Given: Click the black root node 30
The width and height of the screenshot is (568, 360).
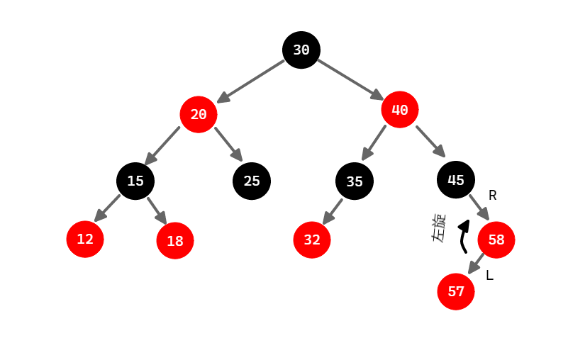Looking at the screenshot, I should click(x=301, y=50).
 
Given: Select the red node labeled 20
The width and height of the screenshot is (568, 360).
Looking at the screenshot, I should click(x=199, y=114).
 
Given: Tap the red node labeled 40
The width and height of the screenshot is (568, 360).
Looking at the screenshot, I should click(x=400, y=110).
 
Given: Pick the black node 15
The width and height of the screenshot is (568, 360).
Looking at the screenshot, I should click(x=135, y=181).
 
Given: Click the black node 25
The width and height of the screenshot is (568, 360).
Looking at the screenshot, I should click(x=252, y=181).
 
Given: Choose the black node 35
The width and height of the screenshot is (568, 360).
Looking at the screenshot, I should click(x=355, y=181).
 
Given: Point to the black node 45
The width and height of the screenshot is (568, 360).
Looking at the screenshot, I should click(x=456, y=180).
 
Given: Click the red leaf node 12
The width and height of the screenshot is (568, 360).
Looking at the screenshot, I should click(x=85, y=239).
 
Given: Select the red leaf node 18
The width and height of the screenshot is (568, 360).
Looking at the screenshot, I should click(x=175, y=241).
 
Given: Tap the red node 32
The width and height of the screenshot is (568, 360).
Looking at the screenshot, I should click(x=312, y=240).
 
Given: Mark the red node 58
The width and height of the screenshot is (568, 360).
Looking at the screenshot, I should click(x=496, y=240).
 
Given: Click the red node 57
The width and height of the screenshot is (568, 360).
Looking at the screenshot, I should click(x=456, y=291).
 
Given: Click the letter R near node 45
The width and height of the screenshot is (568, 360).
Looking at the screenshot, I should click(x=493, y=196).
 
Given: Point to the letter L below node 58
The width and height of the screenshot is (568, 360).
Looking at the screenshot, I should click(x=489, y=276).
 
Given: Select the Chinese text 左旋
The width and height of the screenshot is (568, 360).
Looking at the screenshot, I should click(x=440, y=228).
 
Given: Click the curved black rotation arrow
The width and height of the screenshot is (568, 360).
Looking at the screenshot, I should click(x=464, y=236).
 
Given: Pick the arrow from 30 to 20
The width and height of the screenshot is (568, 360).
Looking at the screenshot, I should click(x=252, y=81).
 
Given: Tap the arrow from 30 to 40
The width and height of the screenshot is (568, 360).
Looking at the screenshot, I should click(x=350, y=79).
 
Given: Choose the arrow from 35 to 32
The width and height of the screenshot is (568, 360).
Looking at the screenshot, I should click(x=333, y=211).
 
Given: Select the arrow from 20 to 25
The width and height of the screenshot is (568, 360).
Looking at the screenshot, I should click(x=228, y=144).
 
